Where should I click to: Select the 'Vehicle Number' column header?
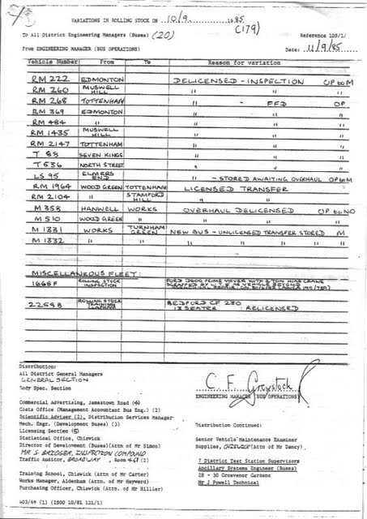click(x=50, y=61)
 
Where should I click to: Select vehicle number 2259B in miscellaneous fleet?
click(x=44, y=306)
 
